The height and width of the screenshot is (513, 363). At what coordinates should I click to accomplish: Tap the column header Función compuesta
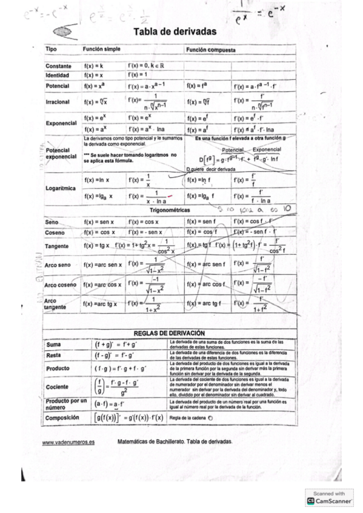pyautogui.click(x=211, y=49)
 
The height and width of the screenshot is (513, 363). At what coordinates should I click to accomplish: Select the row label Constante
pyautogui.click(x=58, y=66)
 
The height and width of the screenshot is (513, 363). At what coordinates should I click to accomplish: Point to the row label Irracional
pyautogui.click(x=58, y=102)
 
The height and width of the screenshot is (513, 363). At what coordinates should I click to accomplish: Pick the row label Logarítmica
pyautogui.click(x=60, y=188)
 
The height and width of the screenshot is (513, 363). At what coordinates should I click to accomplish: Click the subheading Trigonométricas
pyautogui.click(x=170, y=209)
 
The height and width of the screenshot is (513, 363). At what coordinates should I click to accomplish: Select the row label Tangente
pyautogui.click(x=58, y=246)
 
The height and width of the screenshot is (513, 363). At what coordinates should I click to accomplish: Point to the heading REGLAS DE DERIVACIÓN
pyautogui.click(x=169, y=333)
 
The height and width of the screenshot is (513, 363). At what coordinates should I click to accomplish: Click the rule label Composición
pyautogui.click(x=64, y=417)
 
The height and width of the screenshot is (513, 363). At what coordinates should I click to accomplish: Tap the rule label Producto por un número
pyautogui.click(x=66, y=404)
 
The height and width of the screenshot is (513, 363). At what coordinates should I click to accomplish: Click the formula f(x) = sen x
pyautogui.click(x=99, y=222)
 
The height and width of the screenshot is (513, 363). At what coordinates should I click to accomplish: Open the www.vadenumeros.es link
pyautogui.click(x=68, y=442)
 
